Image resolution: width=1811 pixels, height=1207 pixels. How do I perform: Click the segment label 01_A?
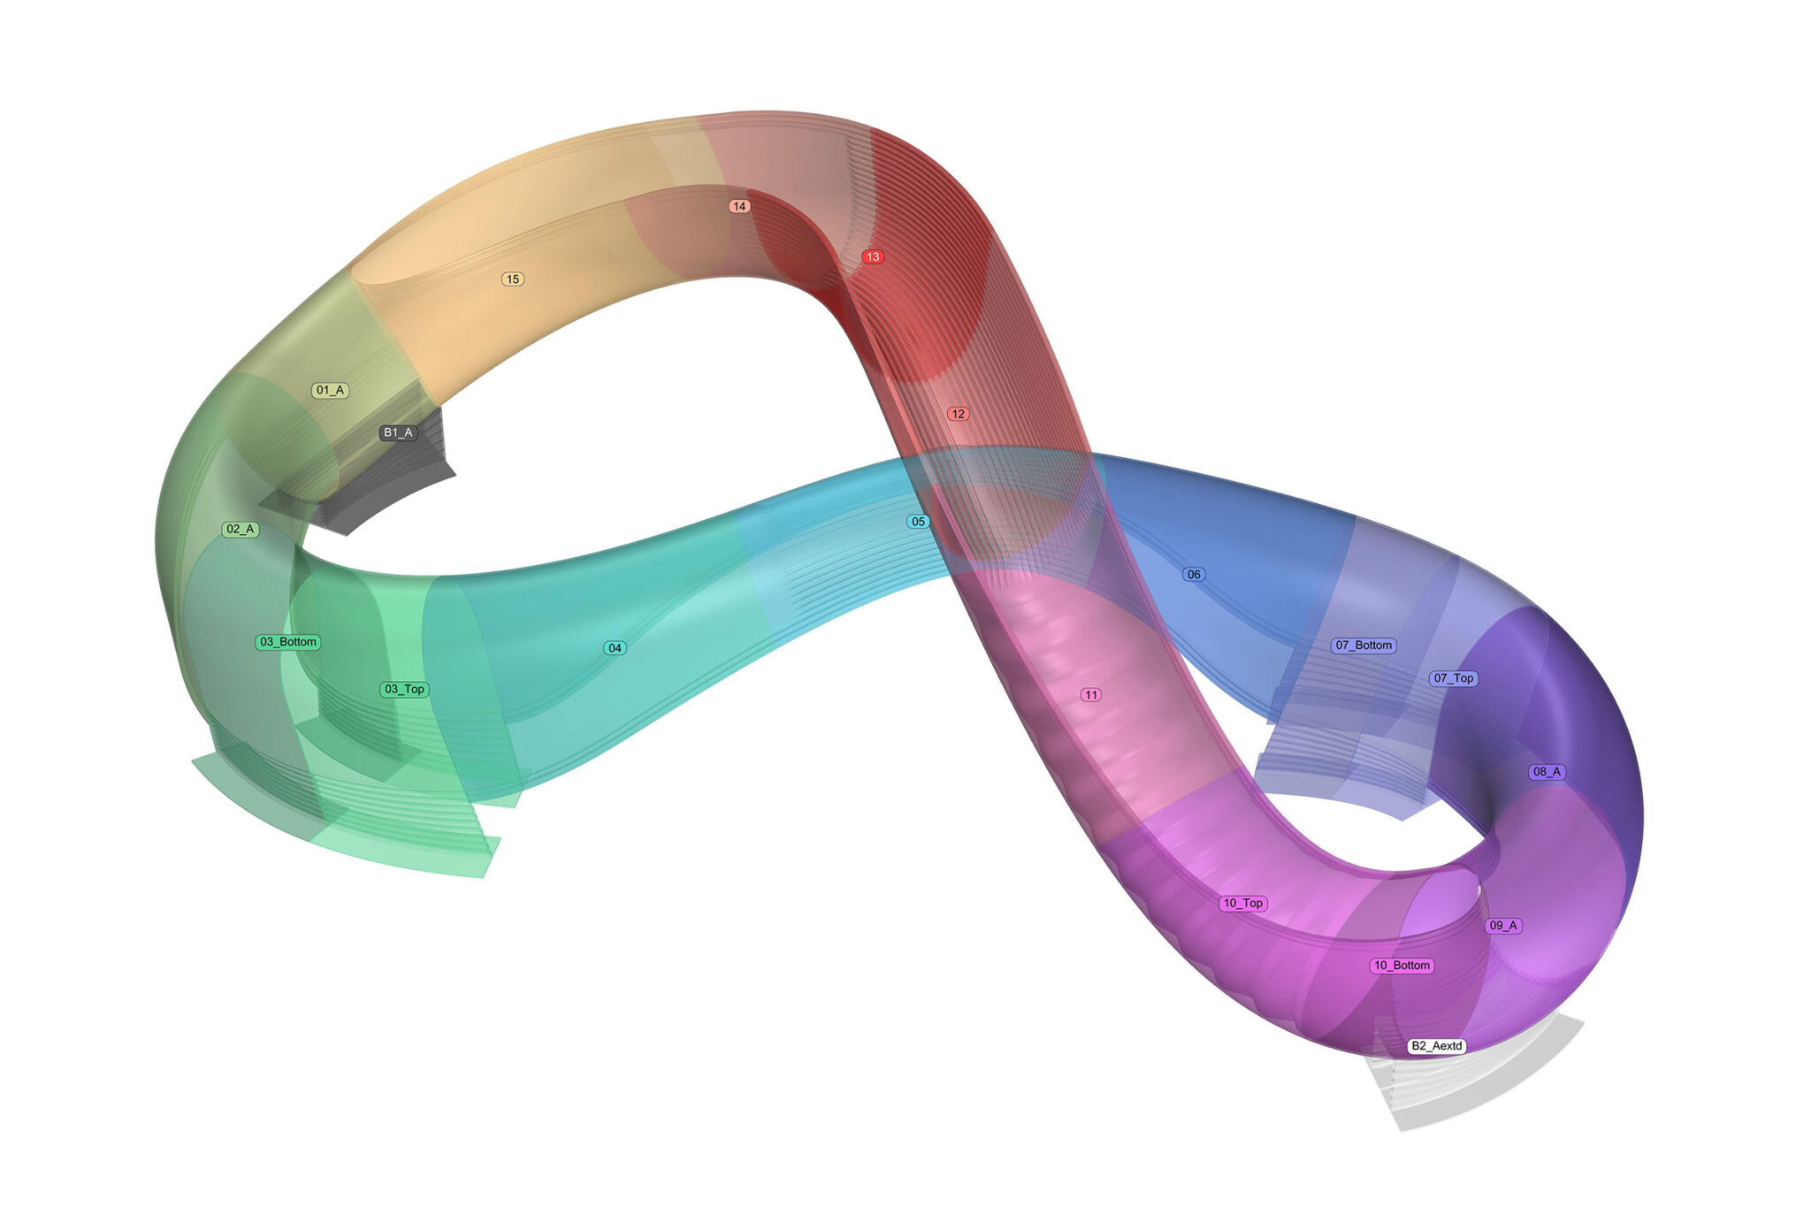click(330, 390)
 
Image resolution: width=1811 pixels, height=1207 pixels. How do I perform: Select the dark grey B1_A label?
click(398, 432)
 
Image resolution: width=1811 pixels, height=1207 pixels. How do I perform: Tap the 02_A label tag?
click(241, 530)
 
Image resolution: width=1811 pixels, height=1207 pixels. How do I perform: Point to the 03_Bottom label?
click(288, 642)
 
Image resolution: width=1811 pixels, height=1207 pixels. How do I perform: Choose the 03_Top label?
click(405, 689)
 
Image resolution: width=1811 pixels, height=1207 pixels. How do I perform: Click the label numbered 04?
click(615, 648)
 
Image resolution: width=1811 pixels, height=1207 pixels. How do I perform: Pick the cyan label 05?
click(918, 522)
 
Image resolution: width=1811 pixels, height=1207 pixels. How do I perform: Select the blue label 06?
click(1194, 575)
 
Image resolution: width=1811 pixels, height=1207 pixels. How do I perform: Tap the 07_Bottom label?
click(1364, 646)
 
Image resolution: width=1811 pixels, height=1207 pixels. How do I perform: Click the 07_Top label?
click(1454, 678)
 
